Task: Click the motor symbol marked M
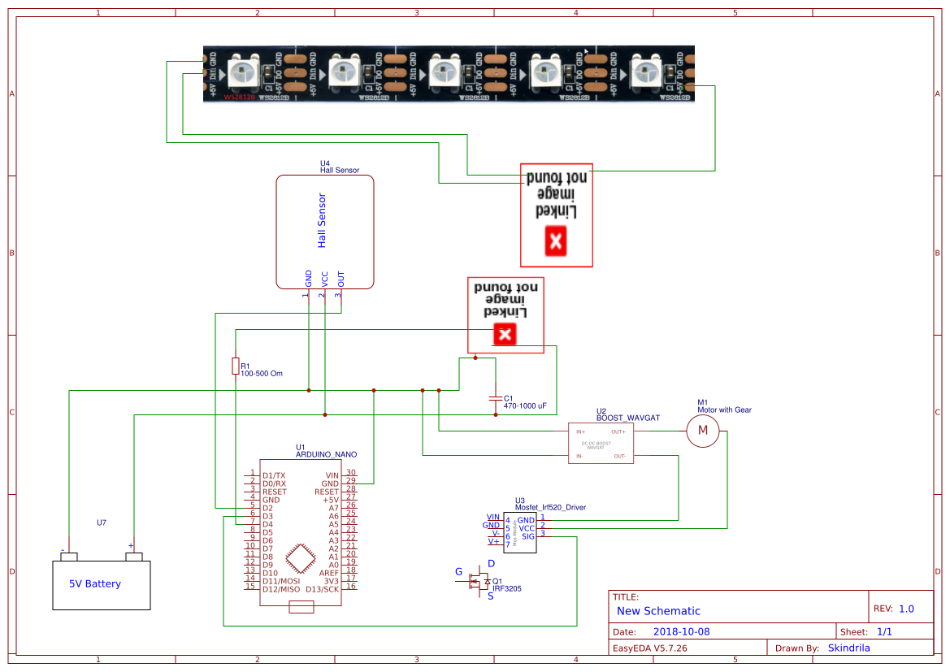pyautogui.click(x=703, y=430)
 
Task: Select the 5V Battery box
pyautogui.click(x=102, y=583)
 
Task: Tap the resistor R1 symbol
pyautogui.click(x=236, y=366)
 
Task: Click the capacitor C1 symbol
pyautogui.click(x=495, y=398)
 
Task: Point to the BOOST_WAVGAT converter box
pyautogui.click(x=601, y=444)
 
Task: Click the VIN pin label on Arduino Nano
pyautogui.click(x=332, y=475)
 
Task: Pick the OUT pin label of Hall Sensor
pyautogui.click(x=341, y=277)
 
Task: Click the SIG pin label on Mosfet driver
pyautogui.click(x=528, y=536)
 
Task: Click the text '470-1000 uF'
pyautogui.click(x=525, y=405)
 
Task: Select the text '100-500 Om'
pyautogui.click(x=261, y=374)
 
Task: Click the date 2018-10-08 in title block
pyautogui.click(x=681, y=631)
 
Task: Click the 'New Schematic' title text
pyautogui.click(x=658, y=611)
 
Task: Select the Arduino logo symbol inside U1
pyautogui.click(x=301, y=561)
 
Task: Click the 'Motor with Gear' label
pyautogui.click(x=724, y=410)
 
